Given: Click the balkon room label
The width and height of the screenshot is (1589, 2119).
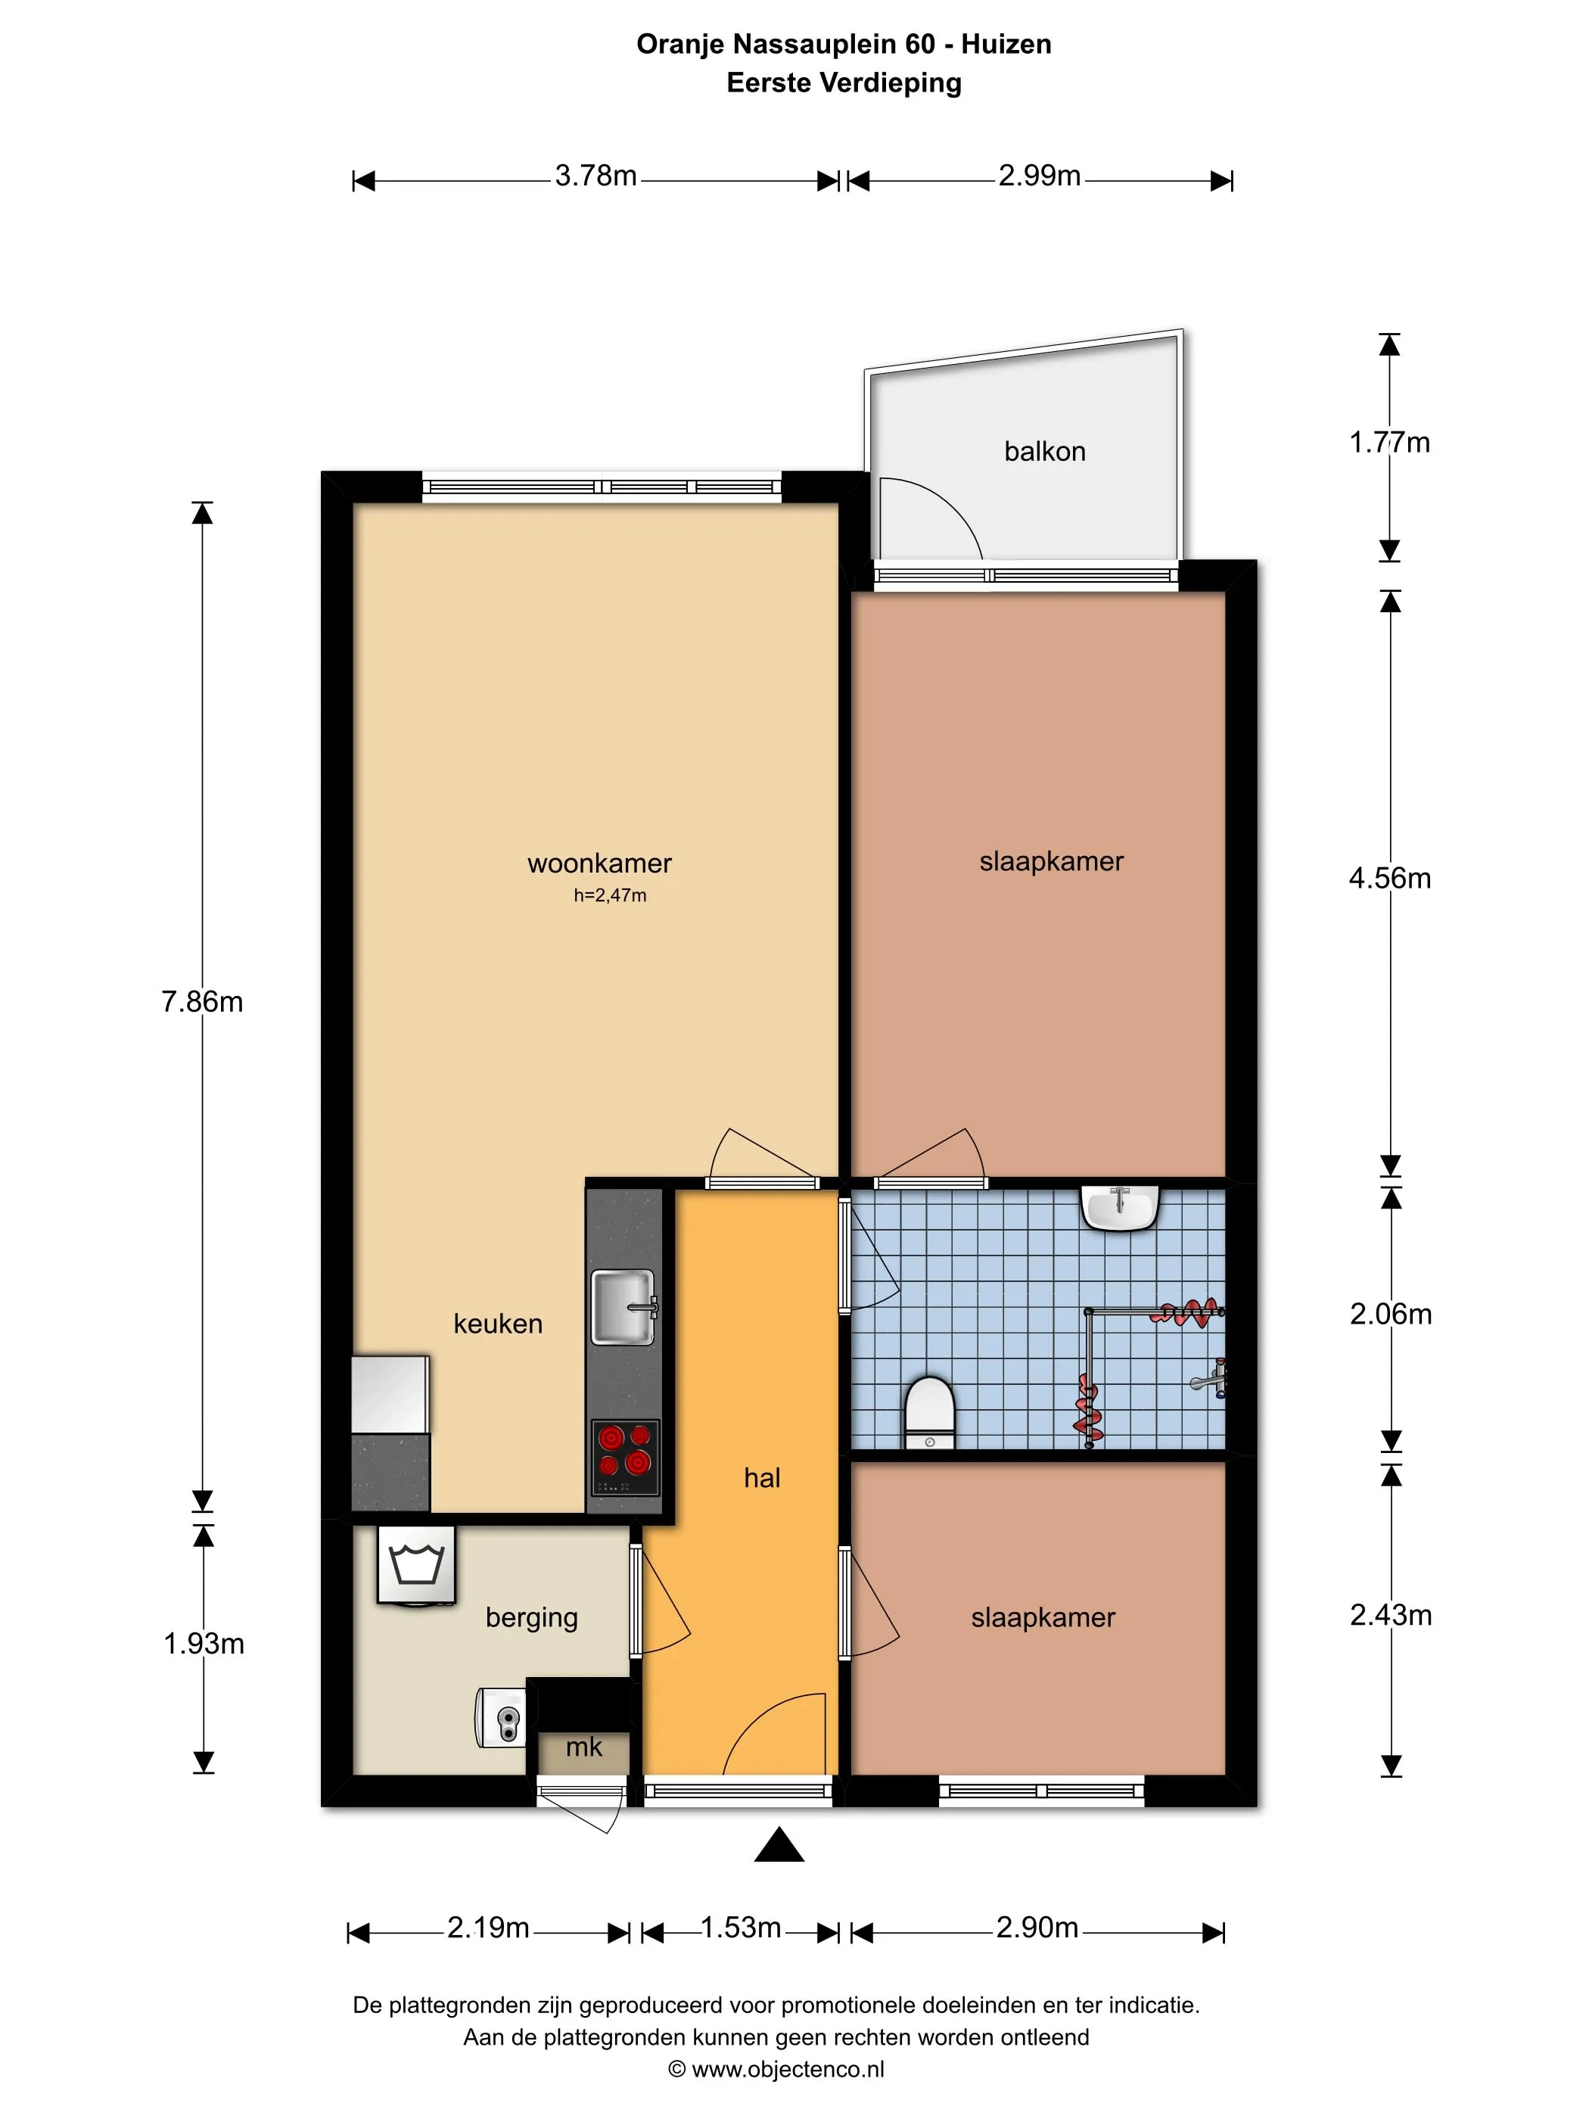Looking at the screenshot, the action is tap(1044, 451).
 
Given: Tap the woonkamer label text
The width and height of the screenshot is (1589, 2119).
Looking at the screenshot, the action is tap(599, 863).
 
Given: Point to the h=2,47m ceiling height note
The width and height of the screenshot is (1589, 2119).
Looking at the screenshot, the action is tap(610, 896).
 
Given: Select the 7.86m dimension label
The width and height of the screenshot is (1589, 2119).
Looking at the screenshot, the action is tap(202, 1002).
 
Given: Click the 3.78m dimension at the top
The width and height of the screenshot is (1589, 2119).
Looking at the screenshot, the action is tap(595, 176).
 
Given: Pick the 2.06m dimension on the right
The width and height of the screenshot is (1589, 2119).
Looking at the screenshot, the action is tap(1391, 1315).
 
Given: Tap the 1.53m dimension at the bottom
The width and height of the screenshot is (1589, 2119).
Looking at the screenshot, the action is tap(740, 1928).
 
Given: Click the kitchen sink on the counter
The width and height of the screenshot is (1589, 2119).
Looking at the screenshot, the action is tap(623, 1307).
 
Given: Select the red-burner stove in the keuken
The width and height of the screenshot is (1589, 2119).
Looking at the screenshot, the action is tap(624, 1457).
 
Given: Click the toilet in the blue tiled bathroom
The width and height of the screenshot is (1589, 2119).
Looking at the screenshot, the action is tap(930, 1412).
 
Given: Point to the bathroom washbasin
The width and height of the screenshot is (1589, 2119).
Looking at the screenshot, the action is tap(1120, 1208).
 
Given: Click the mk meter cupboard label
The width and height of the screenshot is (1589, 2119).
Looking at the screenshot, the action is tap(583, 1747).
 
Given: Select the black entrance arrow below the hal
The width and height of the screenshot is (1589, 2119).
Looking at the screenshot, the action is tap(779, 1844).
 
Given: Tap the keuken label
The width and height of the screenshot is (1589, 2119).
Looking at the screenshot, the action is tap(498, 1324).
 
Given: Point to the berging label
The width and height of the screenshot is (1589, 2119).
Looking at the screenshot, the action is tap(532, 1618).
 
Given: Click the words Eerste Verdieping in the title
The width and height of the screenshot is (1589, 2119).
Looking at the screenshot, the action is tap(844, 83).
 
